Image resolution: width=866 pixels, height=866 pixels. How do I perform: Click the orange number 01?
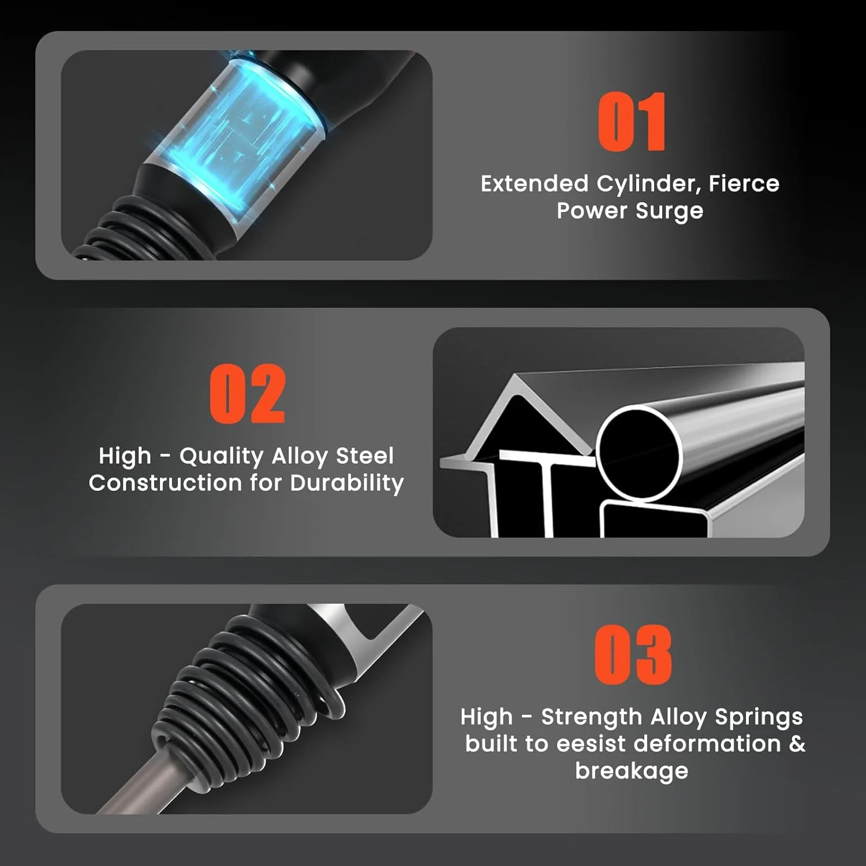click(x=632, y=122)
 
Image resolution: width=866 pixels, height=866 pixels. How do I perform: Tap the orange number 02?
click(x=247, y=394)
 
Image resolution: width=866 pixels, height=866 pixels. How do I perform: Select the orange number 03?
click(x=633, y=655)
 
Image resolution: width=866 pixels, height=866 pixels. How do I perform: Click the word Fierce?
click(x=744, y=184)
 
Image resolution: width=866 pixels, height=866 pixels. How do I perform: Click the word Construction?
click(x=165, y=483)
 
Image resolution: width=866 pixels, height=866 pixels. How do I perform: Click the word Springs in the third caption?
click(x=759, y=718)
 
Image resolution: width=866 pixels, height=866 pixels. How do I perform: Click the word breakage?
click(x=632, y=771)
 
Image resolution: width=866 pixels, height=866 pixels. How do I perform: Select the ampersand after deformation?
click(x=797, y=744)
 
